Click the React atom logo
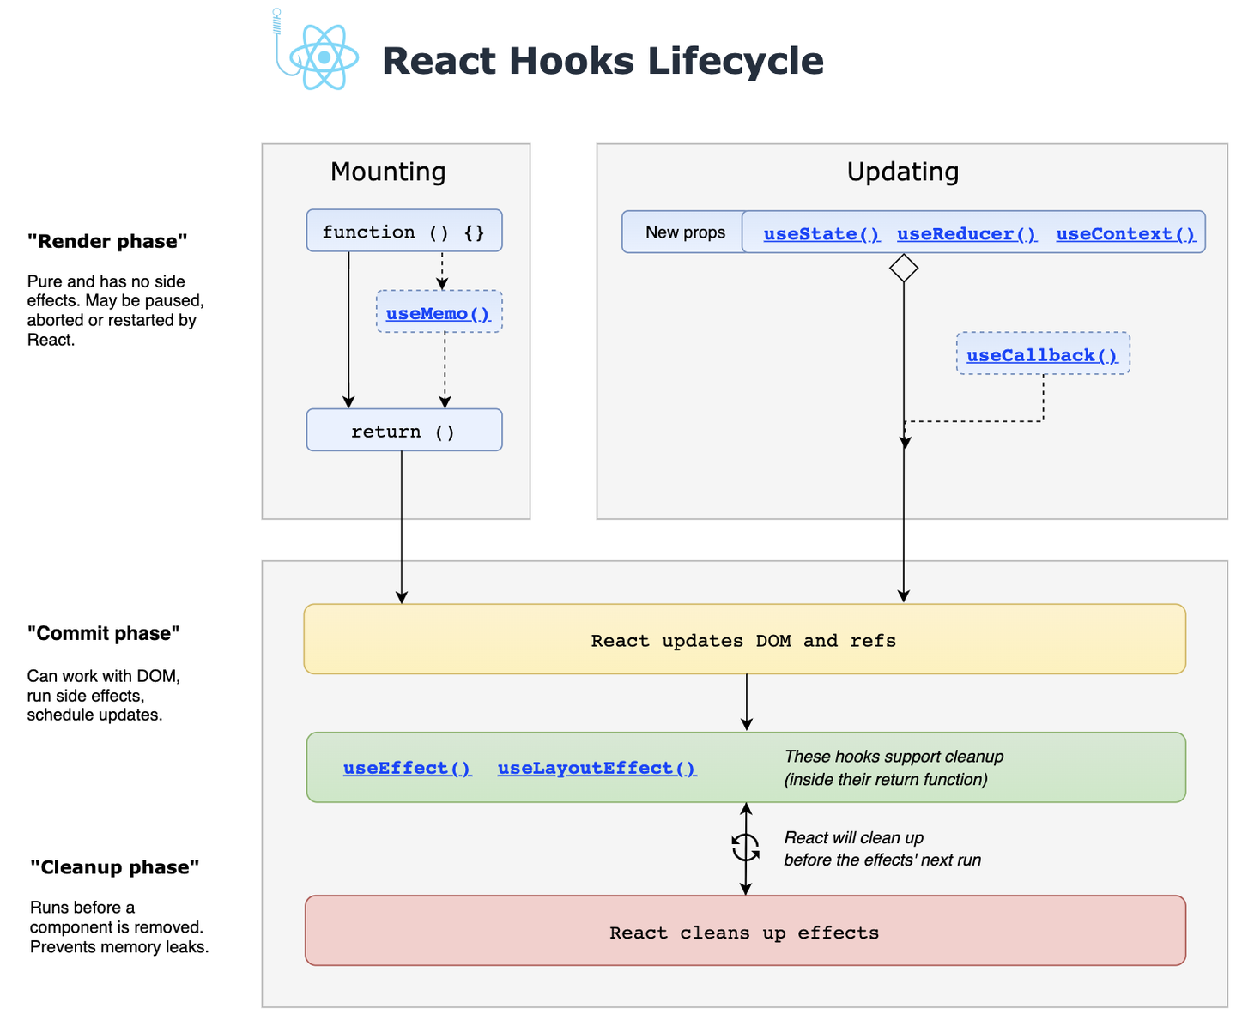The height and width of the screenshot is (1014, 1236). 323,57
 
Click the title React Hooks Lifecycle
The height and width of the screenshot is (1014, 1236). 603,61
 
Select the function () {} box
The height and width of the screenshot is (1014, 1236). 403,231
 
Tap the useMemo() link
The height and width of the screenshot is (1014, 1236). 438,313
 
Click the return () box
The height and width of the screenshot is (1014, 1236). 403,431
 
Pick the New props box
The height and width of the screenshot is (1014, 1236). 684,232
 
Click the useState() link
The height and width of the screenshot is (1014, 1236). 821,234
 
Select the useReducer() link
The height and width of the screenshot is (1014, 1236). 966,234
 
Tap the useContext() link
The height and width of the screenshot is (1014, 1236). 1125,234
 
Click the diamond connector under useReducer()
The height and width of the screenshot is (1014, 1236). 904,268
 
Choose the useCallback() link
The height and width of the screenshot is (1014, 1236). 1042,355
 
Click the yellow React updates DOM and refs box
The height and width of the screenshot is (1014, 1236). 743,640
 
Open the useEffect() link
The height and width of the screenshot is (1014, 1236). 407,768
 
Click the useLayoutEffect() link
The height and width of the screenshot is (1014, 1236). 597,768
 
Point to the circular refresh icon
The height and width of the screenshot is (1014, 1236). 745,848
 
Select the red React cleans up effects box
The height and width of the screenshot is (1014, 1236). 744,932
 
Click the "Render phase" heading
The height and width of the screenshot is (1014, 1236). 107,241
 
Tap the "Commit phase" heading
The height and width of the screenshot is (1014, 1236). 103,633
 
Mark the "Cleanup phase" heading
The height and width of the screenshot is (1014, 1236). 114,867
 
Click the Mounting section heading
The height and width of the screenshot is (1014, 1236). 388,172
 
